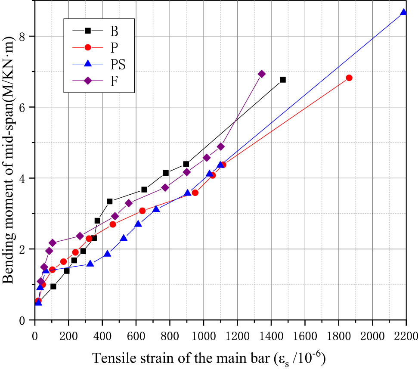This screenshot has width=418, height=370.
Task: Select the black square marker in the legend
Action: (87, 31)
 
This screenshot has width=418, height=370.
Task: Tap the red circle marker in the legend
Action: (87, 47)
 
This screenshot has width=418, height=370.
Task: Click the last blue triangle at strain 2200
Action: (403, 12)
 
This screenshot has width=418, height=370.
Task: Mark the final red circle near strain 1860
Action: (349, 78)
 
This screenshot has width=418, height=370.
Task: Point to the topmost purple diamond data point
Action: (261, 74)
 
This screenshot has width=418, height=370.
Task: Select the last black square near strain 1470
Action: (283, 80)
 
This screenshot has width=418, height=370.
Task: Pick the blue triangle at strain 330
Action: (90, 263)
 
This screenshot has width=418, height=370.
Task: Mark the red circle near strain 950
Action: (195, 193)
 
